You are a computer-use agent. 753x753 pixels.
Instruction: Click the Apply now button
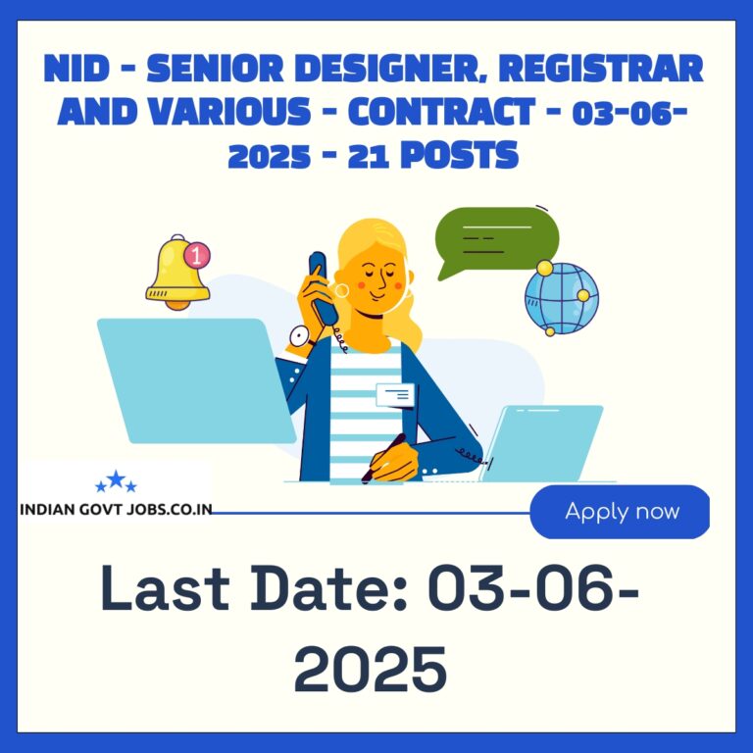(620, 512)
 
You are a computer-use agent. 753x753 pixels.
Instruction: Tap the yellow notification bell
(176, 274)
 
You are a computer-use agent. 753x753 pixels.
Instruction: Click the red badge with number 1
(197, 255)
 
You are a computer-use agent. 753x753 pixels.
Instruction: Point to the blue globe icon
(562, 298)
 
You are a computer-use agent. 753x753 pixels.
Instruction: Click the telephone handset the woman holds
(323, 288)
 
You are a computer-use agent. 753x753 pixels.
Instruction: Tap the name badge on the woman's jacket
(395, 395)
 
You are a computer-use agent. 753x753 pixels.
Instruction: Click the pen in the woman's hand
(383, 458)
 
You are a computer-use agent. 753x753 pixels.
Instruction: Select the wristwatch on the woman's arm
(301, 336)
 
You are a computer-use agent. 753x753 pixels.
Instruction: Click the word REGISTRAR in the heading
(600, 68)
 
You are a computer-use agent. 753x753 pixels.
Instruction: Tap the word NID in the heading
(76, 69)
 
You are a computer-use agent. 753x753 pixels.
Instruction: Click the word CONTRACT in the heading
(441, 112)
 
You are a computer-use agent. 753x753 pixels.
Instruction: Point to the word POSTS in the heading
(459, 155)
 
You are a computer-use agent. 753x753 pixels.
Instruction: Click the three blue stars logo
(116, 481)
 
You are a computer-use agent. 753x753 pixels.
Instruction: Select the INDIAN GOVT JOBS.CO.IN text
(116, 509)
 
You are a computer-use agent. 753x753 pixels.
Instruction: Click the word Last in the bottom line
(165, 588)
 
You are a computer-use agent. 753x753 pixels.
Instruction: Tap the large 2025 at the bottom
(371, 669)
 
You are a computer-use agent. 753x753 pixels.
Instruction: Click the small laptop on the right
(541, 443)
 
